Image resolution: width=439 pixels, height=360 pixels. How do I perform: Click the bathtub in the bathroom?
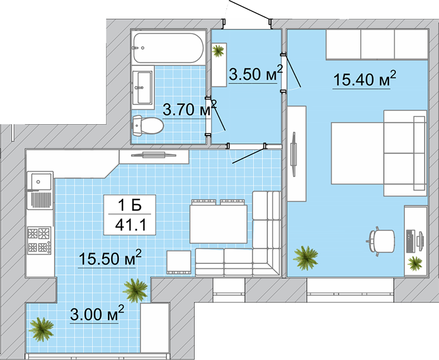point(168,47)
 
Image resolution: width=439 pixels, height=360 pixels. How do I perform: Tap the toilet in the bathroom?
point(148,125)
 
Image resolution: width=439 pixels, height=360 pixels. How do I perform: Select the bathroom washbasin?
point(142,87)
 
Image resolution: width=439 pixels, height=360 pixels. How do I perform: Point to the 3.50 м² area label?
point(256,73)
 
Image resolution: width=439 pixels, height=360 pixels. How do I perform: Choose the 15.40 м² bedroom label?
point(365,79)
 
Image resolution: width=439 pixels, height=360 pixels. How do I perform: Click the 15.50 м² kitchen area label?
point(111,257)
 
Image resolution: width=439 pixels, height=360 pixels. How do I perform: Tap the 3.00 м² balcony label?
point(97,314)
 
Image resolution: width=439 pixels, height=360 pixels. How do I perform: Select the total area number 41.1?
point(131,224)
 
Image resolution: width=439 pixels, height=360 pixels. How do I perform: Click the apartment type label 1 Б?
point(130,206)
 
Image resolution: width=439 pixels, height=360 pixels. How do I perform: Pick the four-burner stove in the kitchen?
point(39,240)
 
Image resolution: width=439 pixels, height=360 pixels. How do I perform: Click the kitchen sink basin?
point(41,182)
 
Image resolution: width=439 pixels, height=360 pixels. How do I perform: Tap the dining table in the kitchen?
point(219,224)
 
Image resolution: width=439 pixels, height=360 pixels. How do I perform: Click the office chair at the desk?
point(381,241)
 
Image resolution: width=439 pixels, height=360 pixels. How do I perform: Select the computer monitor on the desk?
point(420,239)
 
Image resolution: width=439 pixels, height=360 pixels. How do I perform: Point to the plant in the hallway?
point(218,51)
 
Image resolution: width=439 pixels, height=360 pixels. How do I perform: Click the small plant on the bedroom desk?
point(414,263)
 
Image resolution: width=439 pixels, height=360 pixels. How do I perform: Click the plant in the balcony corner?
point(41,329)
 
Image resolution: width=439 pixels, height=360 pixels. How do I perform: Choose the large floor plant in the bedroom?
point(306,258)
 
